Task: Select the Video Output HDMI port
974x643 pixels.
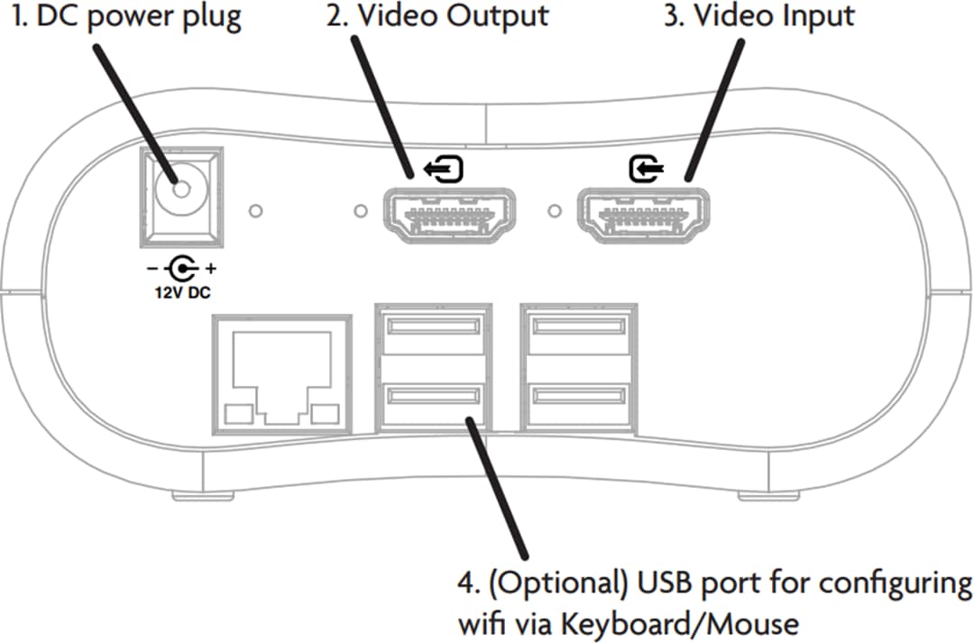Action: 450,216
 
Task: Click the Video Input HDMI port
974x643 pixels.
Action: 641,216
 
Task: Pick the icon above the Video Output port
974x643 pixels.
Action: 445,168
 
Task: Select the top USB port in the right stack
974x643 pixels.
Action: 577,325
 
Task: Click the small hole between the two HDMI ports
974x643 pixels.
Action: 554,213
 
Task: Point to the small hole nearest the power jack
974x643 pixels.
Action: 256,211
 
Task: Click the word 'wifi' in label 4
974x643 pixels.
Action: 483,622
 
